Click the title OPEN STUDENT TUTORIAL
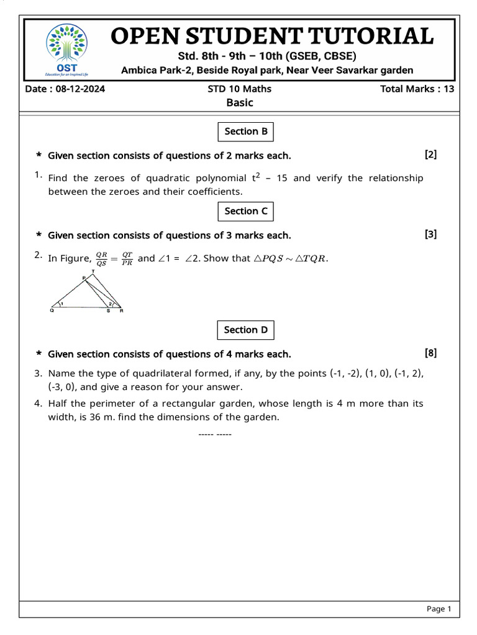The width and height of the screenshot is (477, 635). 272,36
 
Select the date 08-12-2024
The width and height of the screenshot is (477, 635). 79,89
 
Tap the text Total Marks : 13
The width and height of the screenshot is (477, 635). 417,89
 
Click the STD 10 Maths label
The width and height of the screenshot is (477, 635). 239,89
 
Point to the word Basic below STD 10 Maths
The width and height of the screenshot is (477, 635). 239,103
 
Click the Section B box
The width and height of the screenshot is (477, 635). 246,131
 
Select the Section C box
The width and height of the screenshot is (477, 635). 246,211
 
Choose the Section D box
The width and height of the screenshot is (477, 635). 246,330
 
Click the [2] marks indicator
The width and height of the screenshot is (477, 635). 430,154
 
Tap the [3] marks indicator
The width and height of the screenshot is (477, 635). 430,234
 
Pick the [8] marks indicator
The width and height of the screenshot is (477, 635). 430,353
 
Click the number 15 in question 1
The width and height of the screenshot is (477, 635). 282,179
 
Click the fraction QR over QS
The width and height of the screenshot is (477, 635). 102,258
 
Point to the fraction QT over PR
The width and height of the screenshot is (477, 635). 127,258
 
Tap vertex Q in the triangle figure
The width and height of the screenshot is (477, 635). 52,311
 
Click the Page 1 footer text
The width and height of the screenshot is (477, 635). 438,609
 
